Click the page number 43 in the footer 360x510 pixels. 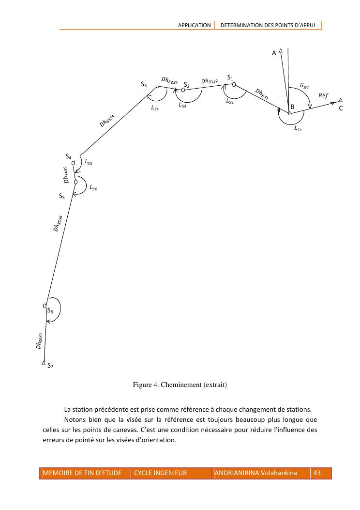coord(317,473)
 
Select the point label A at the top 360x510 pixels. coord(274,53)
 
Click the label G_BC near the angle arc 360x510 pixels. coord(304,86)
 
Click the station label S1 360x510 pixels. coord(230,78)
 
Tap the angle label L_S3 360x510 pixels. coord(182,105)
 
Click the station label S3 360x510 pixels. coord(144,85)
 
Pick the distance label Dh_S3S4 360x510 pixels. coord(107,121)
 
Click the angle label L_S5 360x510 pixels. coord(89,163)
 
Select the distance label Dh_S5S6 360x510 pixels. coord(58,223)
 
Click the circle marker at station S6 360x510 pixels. coord(45,306)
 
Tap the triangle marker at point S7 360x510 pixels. coord(44,363)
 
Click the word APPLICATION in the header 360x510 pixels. coord(195,25)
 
